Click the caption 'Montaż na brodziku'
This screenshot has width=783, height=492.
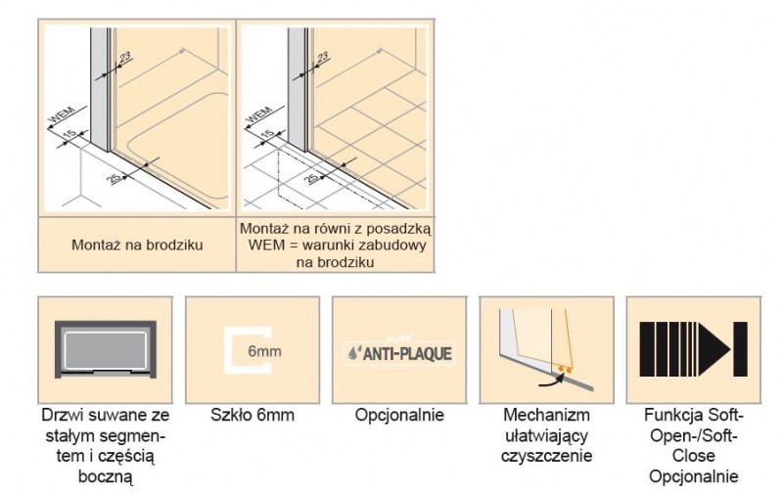[137, 245]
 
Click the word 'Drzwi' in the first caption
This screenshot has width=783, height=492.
[62, 415]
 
